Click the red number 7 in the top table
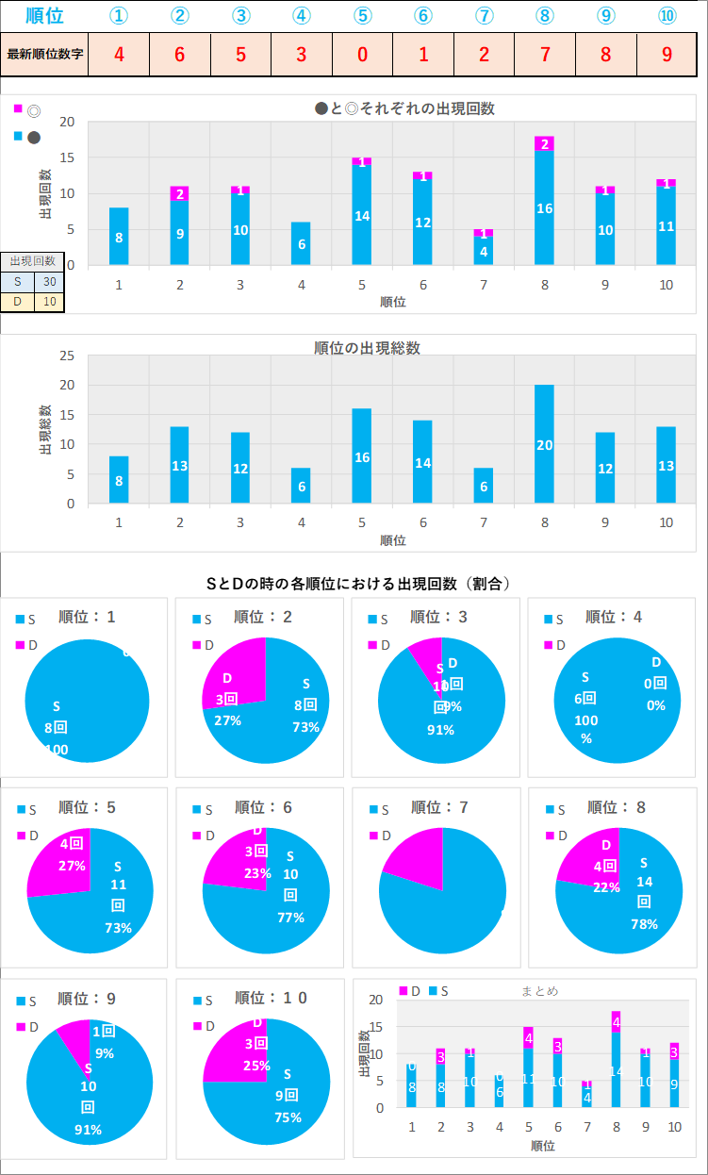[x=545, y=54]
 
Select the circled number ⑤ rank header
[x=363, y=15]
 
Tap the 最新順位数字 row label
[x=44, y=54]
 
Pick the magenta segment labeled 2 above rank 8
[x=544, y=143]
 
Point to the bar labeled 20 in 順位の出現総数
[x=544, y=444]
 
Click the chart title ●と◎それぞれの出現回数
[x=404, y=108]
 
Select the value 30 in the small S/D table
[x=49, y=281]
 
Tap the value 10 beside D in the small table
[x=49, y=302]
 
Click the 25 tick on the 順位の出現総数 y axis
[x=67, y=356]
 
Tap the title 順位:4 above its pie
[x=614, y=617]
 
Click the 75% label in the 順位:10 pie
[x=287, y=1117]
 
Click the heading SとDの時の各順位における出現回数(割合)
[x=358, y=584]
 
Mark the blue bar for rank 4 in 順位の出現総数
[x=302, y=486]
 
